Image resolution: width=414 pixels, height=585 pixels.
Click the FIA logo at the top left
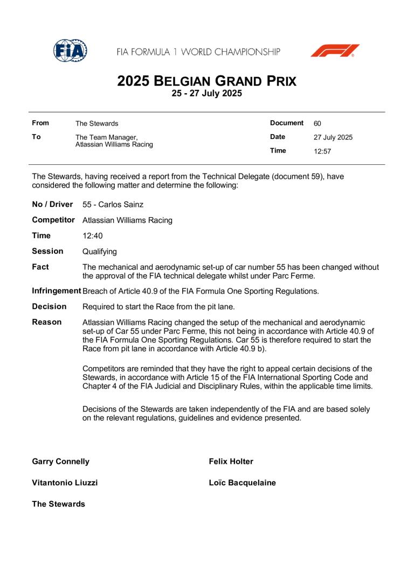[70, 51]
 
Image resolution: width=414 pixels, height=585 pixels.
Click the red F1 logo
[334, 51]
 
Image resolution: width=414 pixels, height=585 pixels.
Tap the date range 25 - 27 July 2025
[207, 93]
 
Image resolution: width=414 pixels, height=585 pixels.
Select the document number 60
[318, 123]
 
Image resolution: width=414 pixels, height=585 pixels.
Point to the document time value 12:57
[322, 151]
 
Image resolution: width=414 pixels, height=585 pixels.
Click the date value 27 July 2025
[333, 137]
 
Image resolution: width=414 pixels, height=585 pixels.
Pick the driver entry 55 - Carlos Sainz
[113, 205]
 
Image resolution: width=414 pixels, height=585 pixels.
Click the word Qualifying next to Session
[100, 252]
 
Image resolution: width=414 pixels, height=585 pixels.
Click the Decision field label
[50, 307]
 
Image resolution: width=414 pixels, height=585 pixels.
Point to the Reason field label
[47, 322]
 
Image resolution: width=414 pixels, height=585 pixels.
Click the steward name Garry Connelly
[61, 462]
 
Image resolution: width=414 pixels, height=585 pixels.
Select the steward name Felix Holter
[231, 462]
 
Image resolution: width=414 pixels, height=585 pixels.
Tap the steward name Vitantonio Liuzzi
[65, 483]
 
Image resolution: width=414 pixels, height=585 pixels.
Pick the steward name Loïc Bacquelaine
[242, 483]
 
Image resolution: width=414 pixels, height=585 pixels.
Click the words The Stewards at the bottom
[58, 504]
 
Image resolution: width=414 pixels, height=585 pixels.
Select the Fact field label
[40, 267]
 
